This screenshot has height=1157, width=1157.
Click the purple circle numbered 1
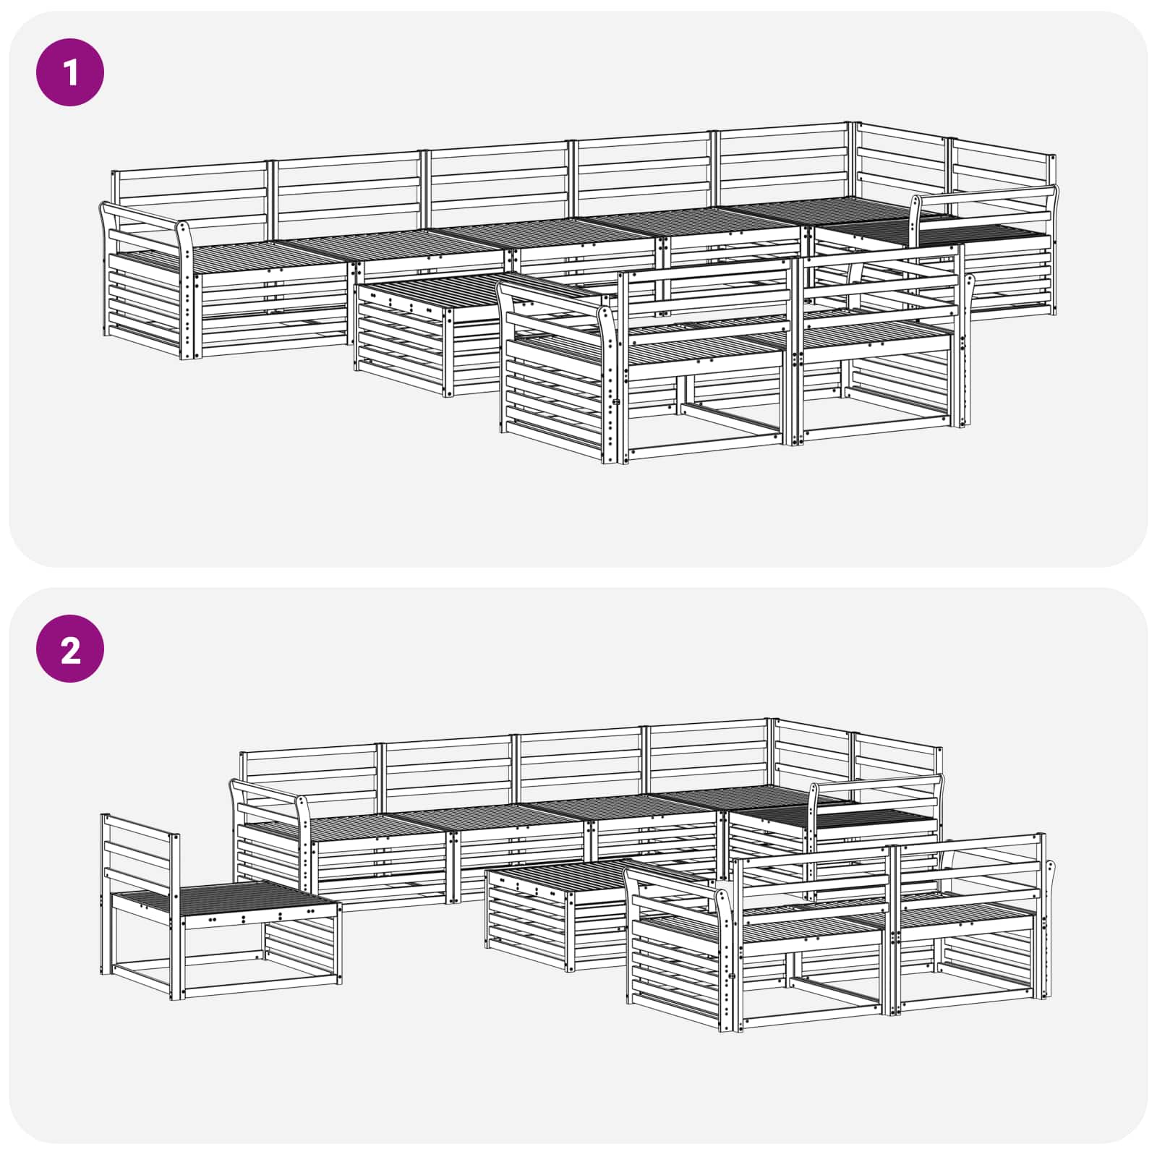point(70,72)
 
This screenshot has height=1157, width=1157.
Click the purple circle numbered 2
point(70,649)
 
